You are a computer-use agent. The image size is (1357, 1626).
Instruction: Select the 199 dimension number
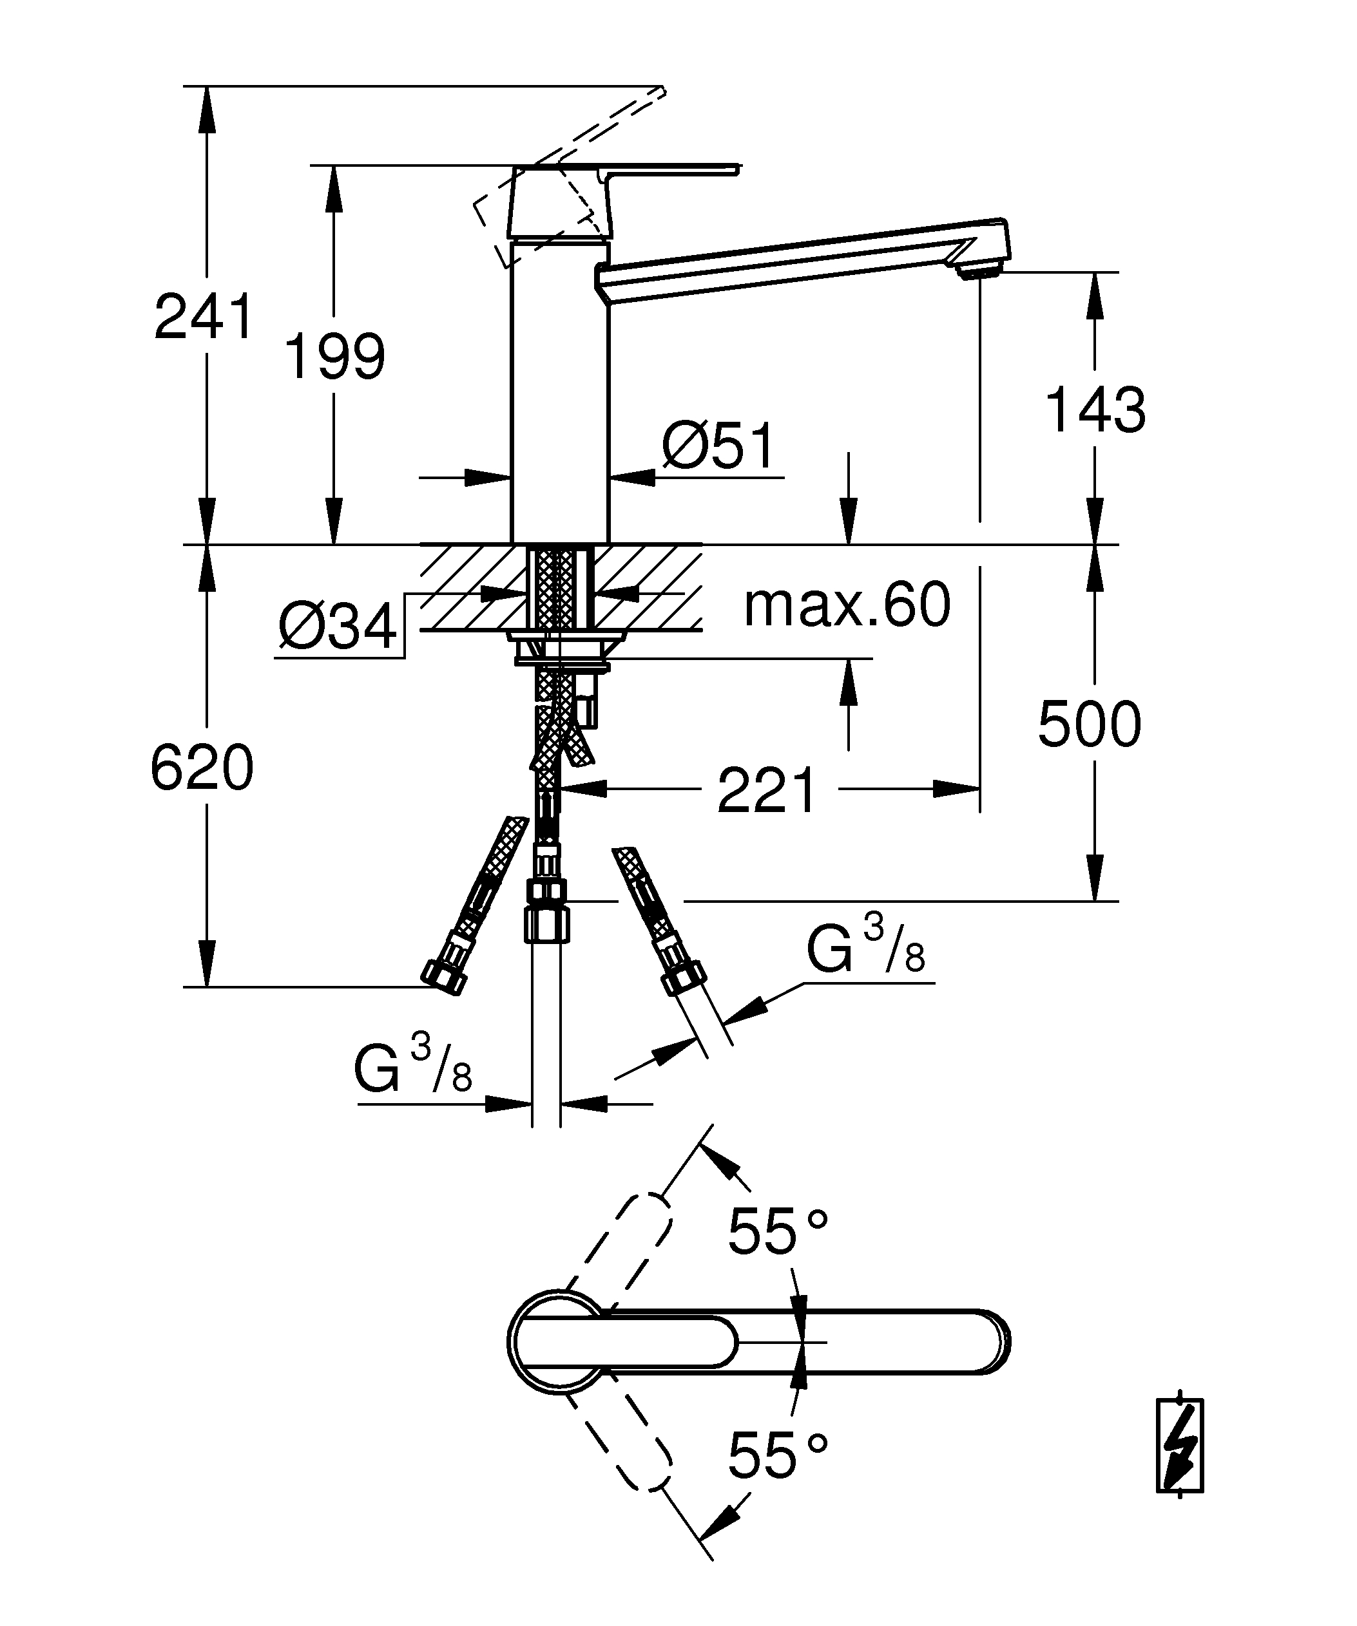pyautogui.click(x=334, y=356)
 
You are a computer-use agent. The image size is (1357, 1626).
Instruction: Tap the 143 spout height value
pyautogui.click(x=1095, y=409)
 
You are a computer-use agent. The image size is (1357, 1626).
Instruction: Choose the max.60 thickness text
pyautogui.click(x=847, y=605)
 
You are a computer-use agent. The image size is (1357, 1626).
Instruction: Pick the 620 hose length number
pyautogui.click(x=202, y=768)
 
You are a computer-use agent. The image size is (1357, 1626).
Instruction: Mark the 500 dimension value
pyautogui.click(x=1089, y=724)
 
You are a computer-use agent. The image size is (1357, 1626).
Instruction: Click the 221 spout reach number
pyautogui.click(x=767, y=791)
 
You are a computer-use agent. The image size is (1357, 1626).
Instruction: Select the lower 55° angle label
pyautogui.click(x=777, y=1454)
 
